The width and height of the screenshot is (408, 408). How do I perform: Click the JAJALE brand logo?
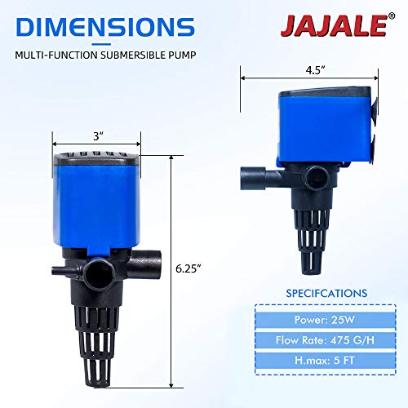click(x=334, y=25)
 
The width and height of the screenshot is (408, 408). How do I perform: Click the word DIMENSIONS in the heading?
click(x=105, y=27)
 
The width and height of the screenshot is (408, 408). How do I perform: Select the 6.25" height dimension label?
click(x=188, y=268)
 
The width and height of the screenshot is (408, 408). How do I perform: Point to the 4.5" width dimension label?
click(x=316, y=70)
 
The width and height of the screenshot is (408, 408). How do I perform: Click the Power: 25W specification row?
click(x=326, y=320)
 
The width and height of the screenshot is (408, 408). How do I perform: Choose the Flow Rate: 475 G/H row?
click(x=326, y=340)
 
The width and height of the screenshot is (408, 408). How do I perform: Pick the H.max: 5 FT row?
click(x=326, y=361)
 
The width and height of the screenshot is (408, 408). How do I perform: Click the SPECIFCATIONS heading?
click(x=326, y=293)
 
